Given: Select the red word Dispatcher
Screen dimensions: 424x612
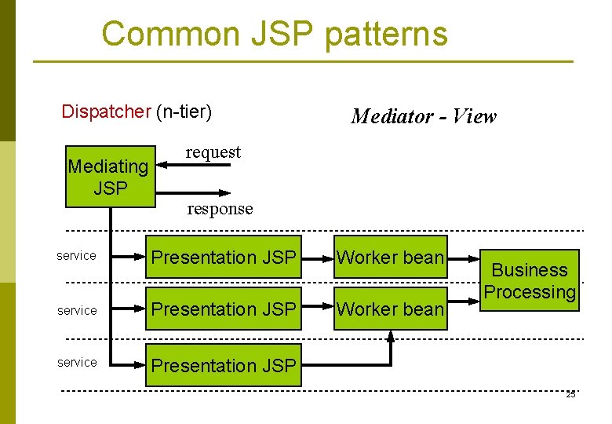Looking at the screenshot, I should (105, 111).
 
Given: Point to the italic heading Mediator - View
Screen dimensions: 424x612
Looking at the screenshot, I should (424, 116).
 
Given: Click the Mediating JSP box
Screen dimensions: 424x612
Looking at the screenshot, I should (110, 177).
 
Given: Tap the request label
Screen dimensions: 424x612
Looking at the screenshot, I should (213, 152).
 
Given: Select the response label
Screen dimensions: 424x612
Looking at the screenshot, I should (220, 209).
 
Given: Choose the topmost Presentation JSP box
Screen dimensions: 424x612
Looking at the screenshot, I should (224, 257).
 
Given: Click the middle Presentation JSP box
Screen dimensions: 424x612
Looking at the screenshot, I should (224, 309).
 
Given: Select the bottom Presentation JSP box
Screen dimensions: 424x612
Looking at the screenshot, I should (224, 365).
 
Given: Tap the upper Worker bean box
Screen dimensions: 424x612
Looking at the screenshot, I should (390, 257).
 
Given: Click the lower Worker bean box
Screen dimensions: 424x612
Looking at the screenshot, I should (390, 309).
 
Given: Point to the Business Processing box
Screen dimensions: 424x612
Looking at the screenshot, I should (530, 281).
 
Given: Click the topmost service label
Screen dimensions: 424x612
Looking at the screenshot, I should (77, 256).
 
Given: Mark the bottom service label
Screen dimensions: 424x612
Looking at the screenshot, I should (77, 362).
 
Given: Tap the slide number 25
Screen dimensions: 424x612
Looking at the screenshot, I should (570, 394).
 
